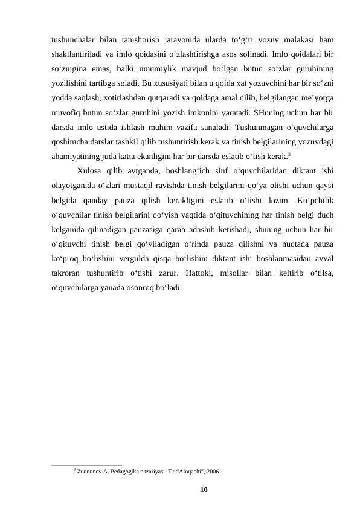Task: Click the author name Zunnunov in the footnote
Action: (90, 470)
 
